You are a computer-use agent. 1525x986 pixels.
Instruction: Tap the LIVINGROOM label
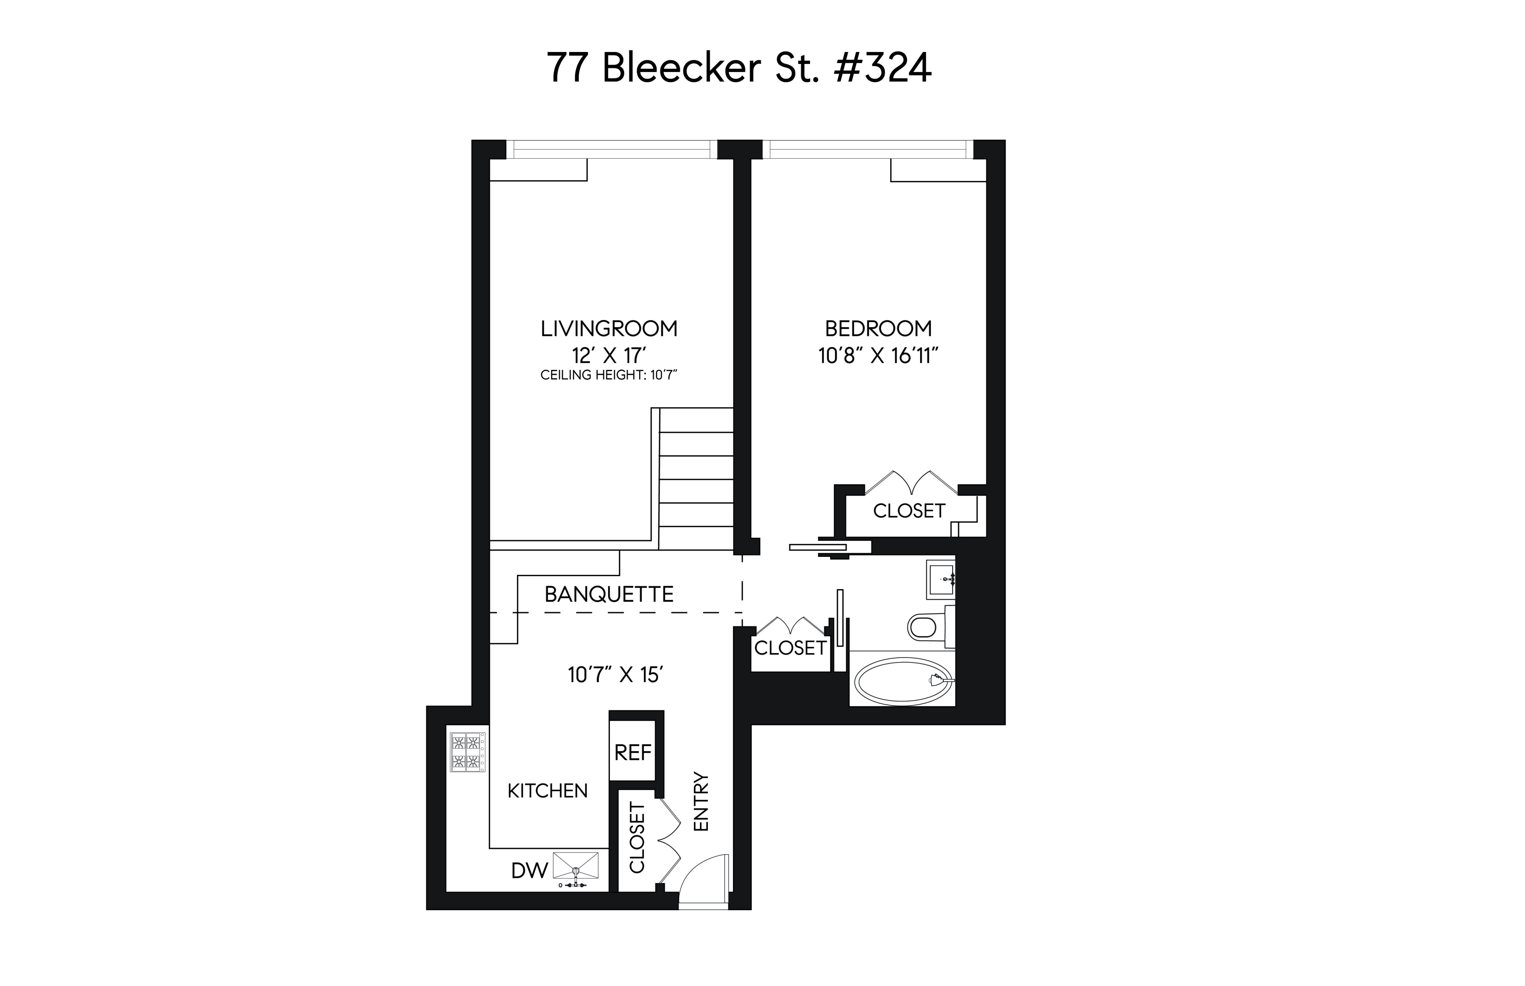(608, 328)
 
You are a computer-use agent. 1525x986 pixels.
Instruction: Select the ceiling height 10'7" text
(608, 375)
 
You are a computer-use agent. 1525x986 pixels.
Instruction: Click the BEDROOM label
(877, 328)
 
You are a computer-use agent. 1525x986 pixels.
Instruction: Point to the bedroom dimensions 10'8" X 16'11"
(877, 355)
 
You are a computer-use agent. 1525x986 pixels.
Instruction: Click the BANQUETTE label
(608, 594)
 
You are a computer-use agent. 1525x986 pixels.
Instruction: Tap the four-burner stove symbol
(467, 751)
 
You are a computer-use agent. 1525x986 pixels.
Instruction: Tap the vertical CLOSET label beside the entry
(637, 837)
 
